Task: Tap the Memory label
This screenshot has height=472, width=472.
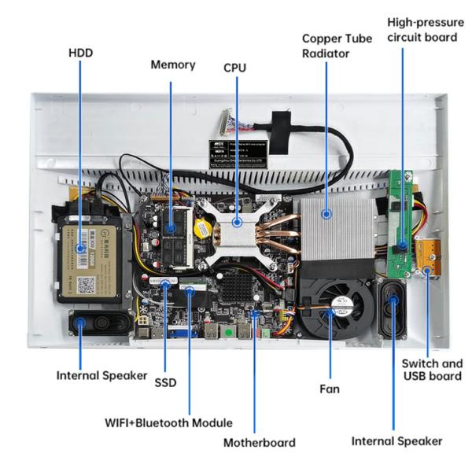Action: [172, 65]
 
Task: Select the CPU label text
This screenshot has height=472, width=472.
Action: [234, 68]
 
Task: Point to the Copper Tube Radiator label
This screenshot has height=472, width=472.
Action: [326, 46]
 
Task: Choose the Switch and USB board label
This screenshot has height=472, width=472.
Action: [432, 370]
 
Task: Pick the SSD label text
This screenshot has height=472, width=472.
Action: [165, 382]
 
